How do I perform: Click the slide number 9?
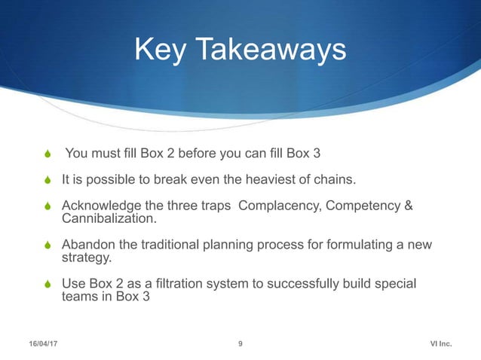240,344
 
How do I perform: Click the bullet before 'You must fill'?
49,155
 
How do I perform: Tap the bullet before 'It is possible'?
49,181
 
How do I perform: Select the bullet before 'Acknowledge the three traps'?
49,206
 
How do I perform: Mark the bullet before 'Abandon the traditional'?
49,246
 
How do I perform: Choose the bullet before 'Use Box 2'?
49,285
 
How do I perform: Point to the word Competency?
361,206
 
